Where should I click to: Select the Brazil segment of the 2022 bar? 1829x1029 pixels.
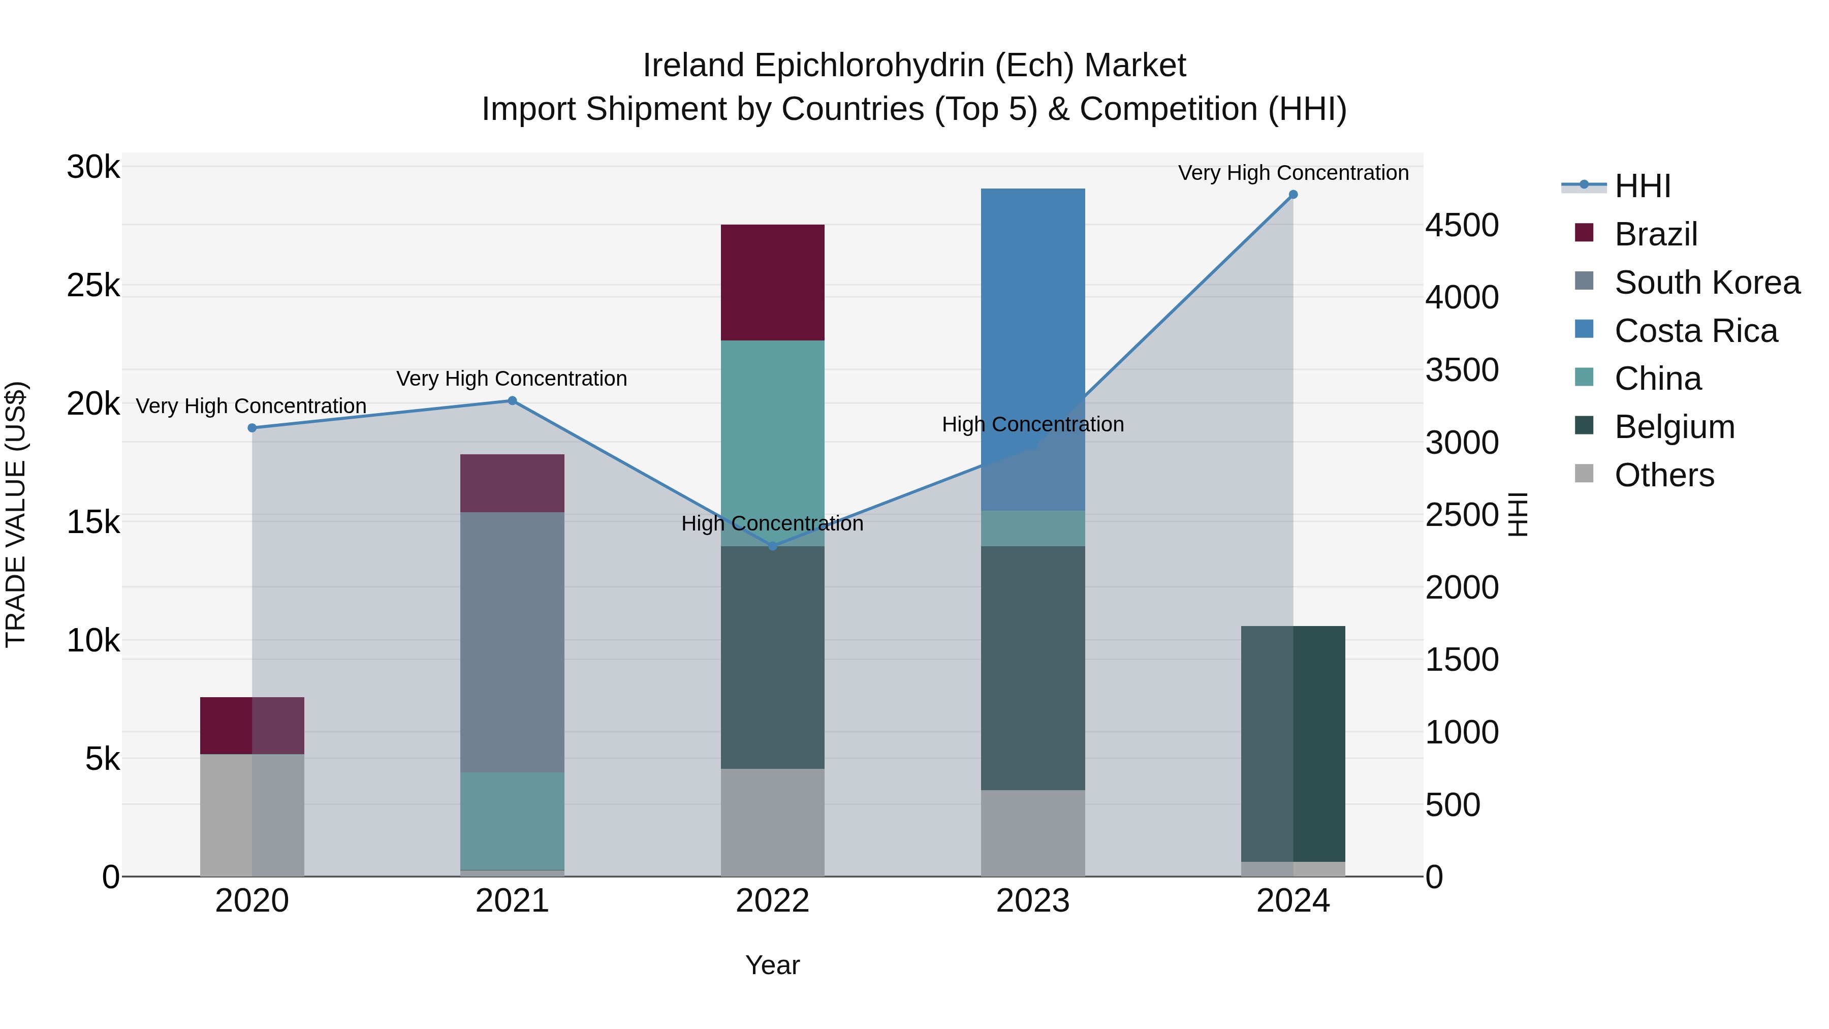pyautogui.click(x=772, y=283)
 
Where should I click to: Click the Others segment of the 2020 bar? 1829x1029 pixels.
pyautogui.click(x=252, y=815)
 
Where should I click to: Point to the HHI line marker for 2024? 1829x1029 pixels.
pyautogui.click(x=1293, y=195)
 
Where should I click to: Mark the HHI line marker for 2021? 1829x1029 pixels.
pyautogui.click(x=512, y=400)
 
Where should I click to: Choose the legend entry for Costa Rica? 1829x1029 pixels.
pyautogui.click(x=1695, y=331)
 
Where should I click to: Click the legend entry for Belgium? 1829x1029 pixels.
pyautogui.click(x=1674, y=427)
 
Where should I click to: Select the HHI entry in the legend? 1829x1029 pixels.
pyautogui.click(x=1642, y=186)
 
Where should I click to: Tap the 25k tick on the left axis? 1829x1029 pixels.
pyautogui.click(x=93, y=286)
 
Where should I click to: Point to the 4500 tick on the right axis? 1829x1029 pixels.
pyautogui.click(x=1462, y=225)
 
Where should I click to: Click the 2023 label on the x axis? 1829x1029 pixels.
pyautogui.click(x=1032, y=901)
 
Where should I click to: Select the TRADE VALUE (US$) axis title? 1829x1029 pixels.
pyautogui.click(x=16, y=514)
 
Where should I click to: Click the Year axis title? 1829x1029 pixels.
pyautogui.click(x=772, y=965)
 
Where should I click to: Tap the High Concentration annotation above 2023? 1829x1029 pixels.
pyautogui.click(x=1032, y=425)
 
